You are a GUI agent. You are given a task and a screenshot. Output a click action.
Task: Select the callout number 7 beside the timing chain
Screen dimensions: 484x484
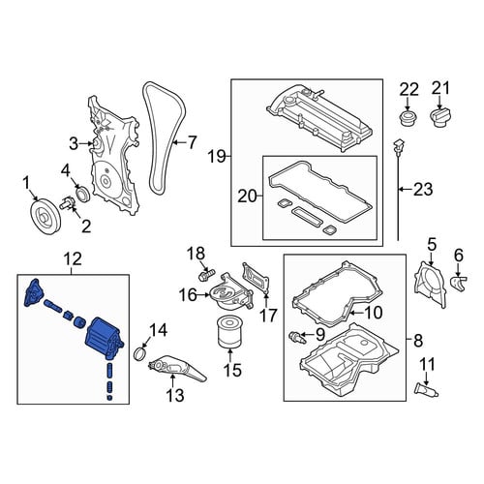[192, 142]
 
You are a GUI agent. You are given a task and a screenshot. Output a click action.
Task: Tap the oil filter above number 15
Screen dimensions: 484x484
[228, 333]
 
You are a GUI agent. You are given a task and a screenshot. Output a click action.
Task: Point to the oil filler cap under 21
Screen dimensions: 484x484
[441, 118]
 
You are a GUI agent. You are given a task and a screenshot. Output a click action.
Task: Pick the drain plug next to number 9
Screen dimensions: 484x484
[296, 337]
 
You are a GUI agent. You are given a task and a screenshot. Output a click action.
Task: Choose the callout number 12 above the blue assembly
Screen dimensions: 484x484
[73, 258]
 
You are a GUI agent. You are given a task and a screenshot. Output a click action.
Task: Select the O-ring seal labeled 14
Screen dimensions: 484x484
[140, 353]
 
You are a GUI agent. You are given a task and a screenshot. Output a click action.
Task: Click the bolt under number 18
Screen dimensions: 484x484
[206, 275]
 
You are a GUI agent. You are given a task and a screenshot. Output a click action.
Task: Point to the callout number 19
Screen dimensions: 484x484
[217, 157]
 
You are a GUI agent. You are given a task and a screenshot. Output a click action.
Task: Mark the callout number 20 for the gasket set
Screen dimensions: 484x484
[247, 196]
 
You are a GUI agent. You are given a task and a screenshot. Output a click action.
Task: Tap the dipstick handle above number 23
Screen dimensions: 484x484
[400, 147]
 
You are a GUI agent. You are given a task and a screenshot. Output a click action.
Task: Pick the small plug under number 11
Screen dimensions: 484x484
[426, 389]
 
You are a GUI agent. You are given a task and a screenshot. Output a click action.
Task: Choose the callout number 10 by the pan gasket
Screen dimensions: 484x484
[374, 313]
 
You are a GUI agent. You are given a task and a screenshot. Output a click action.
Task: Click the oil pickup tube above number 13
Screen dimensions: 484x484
[176, 368]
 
